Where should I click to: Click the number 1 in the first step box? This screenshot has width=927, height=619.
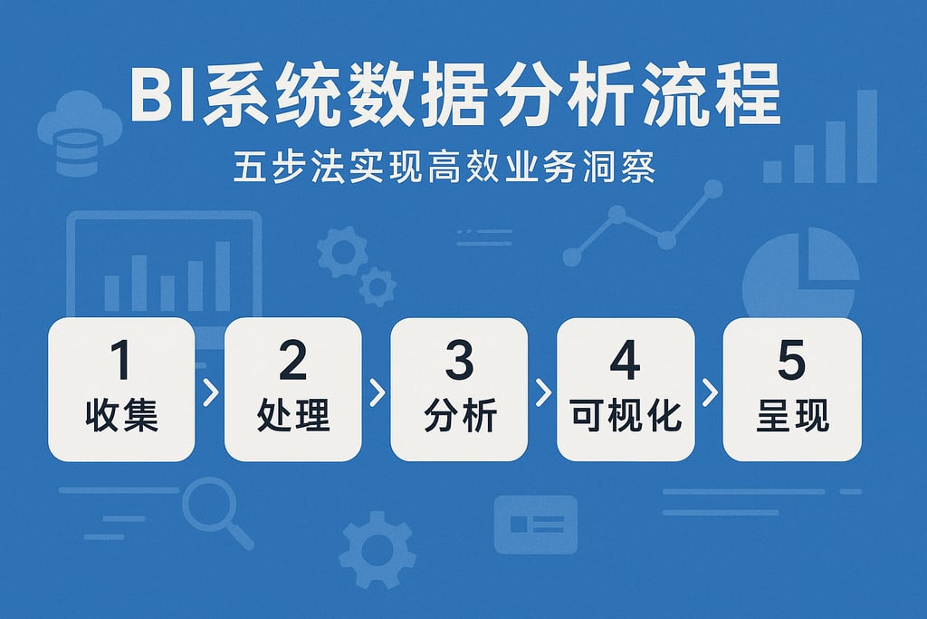120,361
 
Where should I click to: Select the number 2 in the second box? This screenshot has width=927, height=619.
292,361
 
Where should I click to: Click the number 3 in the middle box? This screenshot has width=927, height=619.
459,361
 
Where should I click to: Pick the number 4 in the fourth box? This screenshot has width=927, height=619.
626,361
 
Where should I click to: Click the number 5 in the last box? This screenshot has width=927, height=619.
792,361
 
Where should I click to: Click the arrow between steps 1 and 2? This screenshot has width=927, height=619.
210,392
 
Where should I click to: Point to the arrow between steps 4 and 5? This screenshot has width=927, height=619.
709,392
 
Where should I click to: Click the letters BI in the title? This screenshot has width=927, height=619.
163,96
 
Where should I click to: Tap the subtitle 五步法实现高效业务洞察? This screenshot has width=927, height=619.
443,169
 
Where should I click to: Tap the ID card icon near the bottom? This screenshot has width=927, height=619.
535,524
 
